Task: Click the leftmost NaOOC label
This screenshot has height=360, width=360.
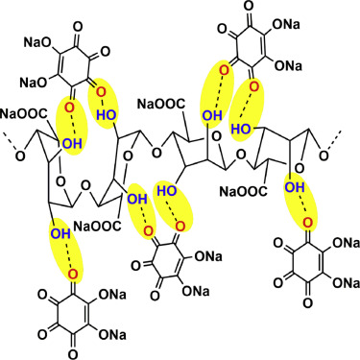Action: pos(24,114)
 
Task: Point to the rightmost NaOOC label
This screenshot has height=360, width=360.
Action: pos(243,192)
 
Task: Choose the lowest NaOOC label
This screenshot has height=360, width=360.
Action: pos(98,226)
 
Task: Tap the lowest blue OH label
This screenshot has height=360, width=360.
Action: pos(60,233)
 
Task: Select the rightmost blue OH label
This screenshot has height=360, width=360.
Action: pos(295,187)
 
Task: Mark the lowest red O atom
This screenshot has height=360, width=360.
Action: pos(74,274)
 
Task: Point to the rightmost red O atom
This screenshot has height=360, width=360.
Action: pos(308,222)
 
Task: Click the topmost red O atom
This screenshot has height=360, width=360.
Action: pos(225,71)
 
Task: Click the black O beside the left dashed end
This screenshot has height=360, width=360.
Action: pos(20,156)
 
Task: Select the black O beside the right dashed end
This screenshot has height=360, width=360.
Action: pos(324,156)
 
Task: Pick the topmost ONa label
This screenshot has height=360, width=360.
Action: pos(287,24)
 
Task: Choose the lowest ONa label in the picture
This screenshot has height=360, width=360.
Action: pos(112,335)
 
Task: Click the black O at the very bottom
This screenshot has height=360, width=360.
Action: pos(73,354)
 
